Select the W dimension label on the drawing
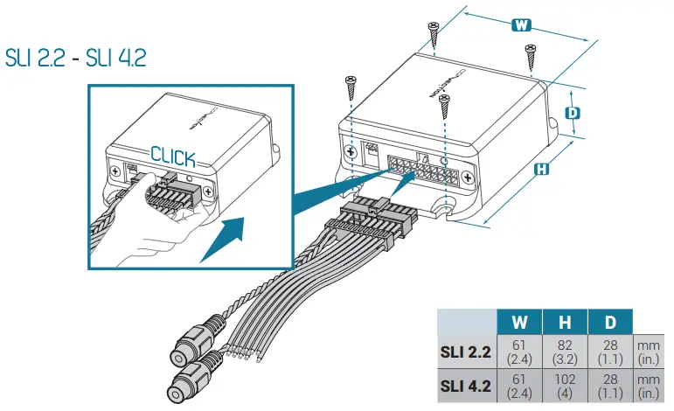(x=521, y=25)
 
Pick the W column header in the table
(x=518, y=321)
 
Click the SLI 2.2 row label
(x=465, y=352)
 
